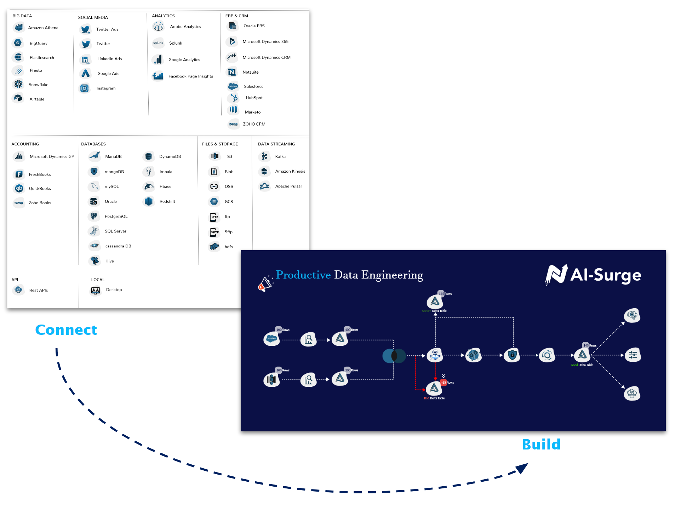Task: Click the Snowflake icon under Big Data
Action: (18, 84)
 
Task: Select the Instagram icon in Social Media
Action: (84, 88)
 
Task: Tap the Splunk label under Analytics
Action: (176, 43)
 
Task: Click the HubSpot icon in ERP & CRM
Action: (234, 98)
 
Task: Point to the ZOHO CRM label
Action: (254, 124)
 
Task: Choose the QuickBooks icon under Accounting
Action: (19, 188)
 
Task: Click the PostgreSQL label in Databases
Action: (116, 216)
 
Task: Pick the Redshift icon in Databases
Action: (149, 201)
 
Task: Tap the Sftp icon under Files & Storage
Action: (214, 232)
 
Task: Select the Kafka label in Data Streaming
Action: (280, 156)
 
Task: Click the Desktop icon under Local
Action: (96, 290)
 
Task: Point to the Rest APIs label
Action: (38, 290)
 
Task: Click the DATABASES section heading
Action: (93, 144)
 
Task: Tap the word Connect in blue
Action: (66, 330)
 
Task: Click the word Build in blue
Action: (541, 445)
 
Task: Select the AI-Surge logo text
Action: (605, 275)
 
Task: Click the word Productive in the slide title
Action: (303, 275)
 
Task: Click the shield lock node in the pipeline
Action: (512, 355)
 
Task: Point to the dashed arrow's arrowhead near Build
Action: (522, 468)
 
